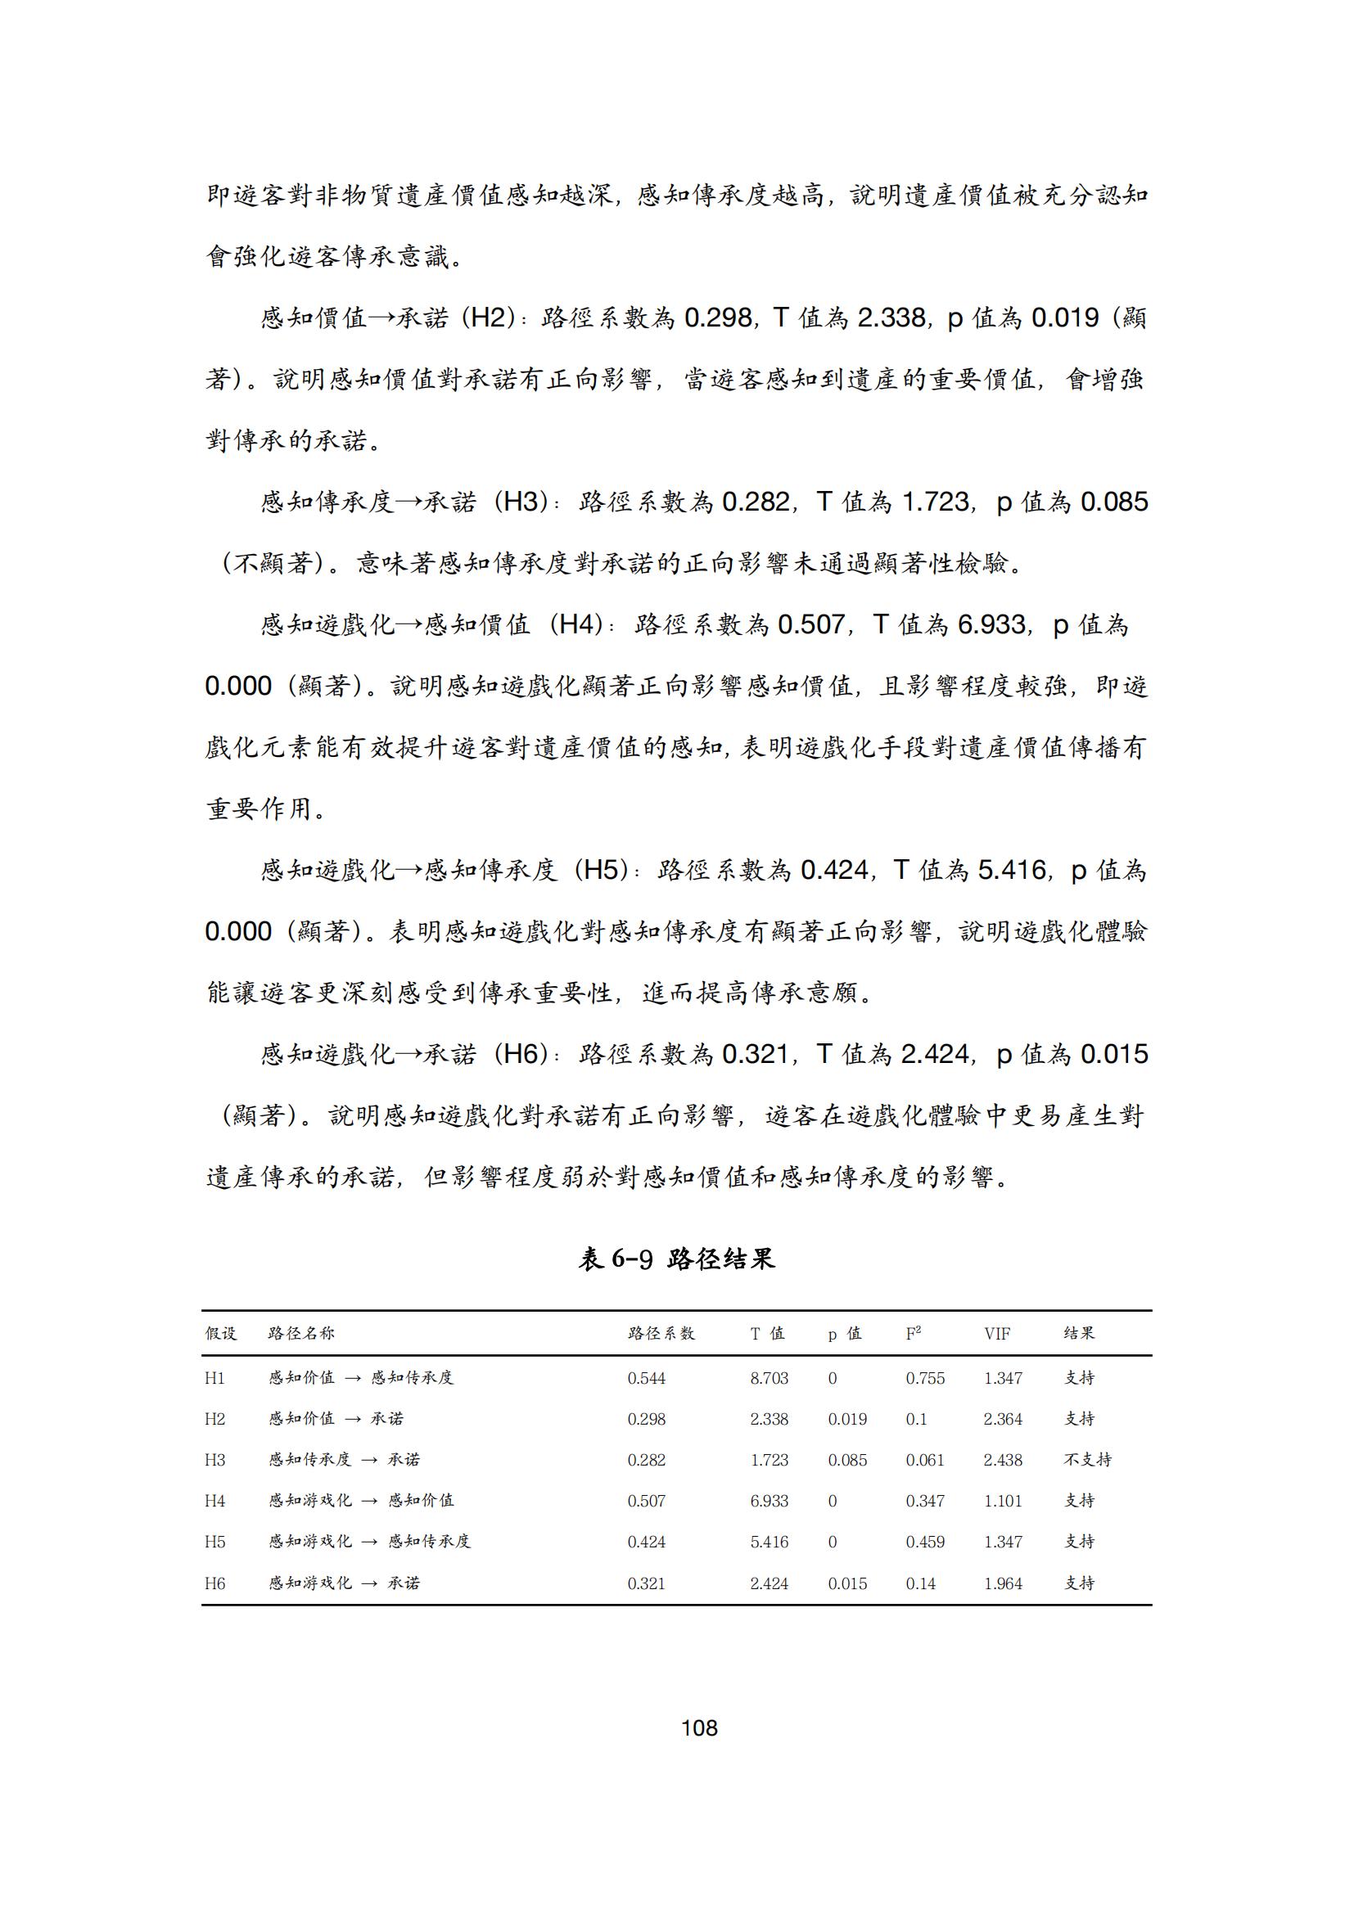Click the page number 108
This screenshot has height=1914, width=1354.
point(698,1728)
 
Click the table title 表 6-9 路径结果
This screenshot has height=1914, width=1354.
point(676,1259)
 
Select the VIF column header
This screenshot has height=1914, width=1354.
point(996,1334)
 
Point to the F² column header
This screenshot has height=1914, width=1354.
point(913,1334)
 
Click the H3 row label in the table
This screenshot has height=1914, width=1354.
point(215,1460)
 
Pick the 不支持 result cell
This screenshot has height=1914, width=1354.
point(1087,1460)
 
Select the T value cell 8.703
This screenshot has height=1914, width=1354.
point(769,1378)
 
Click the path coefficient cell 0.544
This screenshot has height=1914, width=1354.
point(646,1378)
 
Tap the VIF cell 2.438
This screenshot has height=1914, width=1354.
point(1002,1460)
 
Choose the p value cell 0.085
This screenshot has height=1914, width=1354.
point(847,1460)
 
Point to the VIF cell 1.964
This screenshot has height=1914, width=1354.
point(1002,1583)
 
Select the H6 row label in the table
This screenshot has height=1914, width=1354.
point(215,1583)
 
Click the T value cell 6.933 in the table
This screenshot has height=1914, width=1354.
point(769,1502)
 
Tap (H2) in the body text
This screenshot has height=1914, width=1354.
point(487,317)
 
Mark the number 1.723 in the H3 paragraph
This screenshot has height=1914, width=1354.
point(936,502)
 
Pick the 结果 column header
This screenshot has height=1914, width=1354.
point(1079,1334)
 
